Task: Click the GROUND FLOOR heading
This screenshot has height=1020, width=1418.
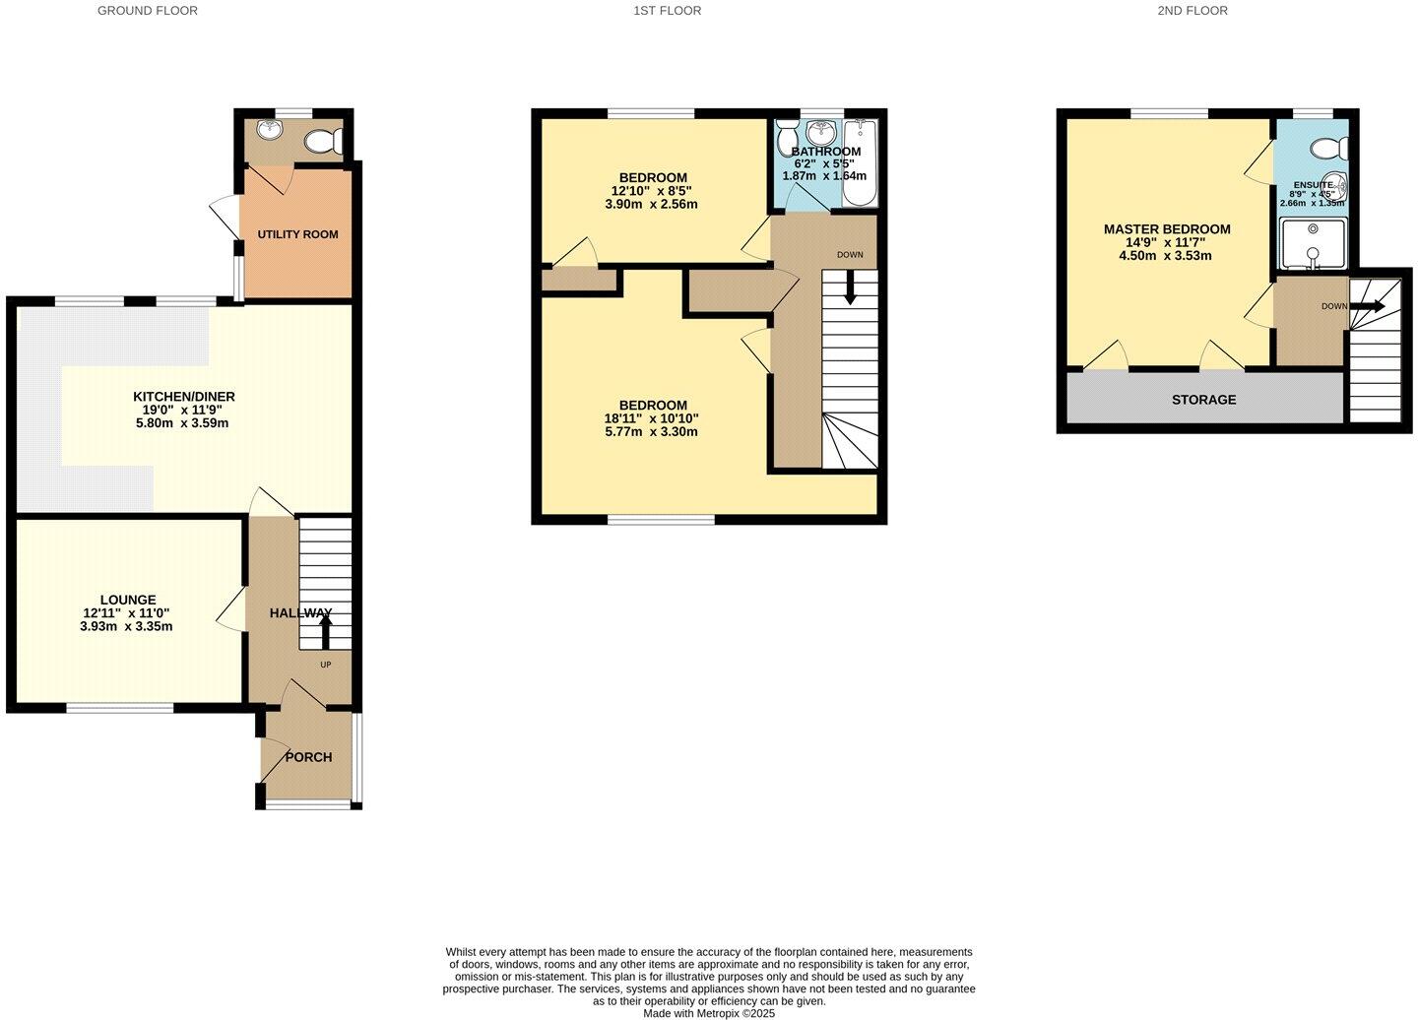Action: coord(148,11)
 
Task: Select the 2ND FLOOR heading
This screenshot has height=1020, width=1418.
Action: coord(1192,11)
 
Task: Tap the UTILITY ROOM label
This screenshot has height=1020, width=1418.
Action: coord(297,234)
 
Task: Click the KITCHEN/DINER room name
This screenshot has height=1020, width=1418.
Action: coord(184,397)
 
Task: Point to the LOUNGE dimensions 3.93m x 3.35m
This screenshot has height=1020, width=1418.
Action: coord(126,626)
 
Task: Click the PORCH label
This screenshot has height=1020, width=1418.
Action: coord(308,757)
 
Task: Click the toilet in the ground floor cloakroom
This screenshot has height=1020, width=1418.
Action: coord(322,143)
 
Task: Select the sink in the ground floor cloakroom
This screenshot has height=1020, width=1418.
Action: coord(267,130)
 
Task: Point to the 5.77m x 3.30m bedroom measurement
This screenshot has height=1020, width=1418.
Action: coord(653,431)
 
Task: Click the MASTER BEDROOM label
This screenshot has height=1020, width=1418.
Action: coord(1167,229)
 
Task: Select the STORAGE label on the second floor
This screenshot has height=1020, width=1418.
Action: coord(1203,400)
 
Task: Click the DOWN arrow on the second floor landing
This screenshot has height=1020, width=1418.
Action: coord(1368,307)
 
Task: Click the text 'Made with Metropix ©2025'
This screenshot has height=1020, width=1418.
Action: coord(709,1013)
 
